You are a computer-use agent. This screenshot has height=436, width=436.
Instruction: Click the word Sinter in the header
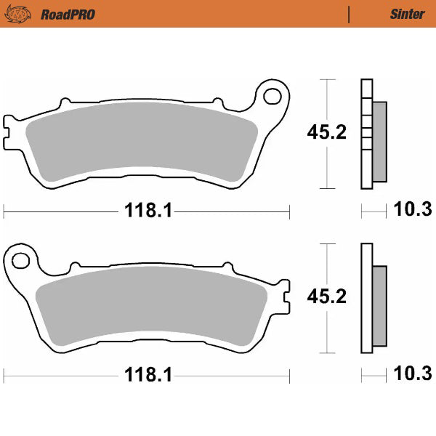tap(403, 14)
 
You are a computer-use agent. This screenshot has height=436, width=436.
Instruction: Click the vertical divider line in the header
tap(350, 14)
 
